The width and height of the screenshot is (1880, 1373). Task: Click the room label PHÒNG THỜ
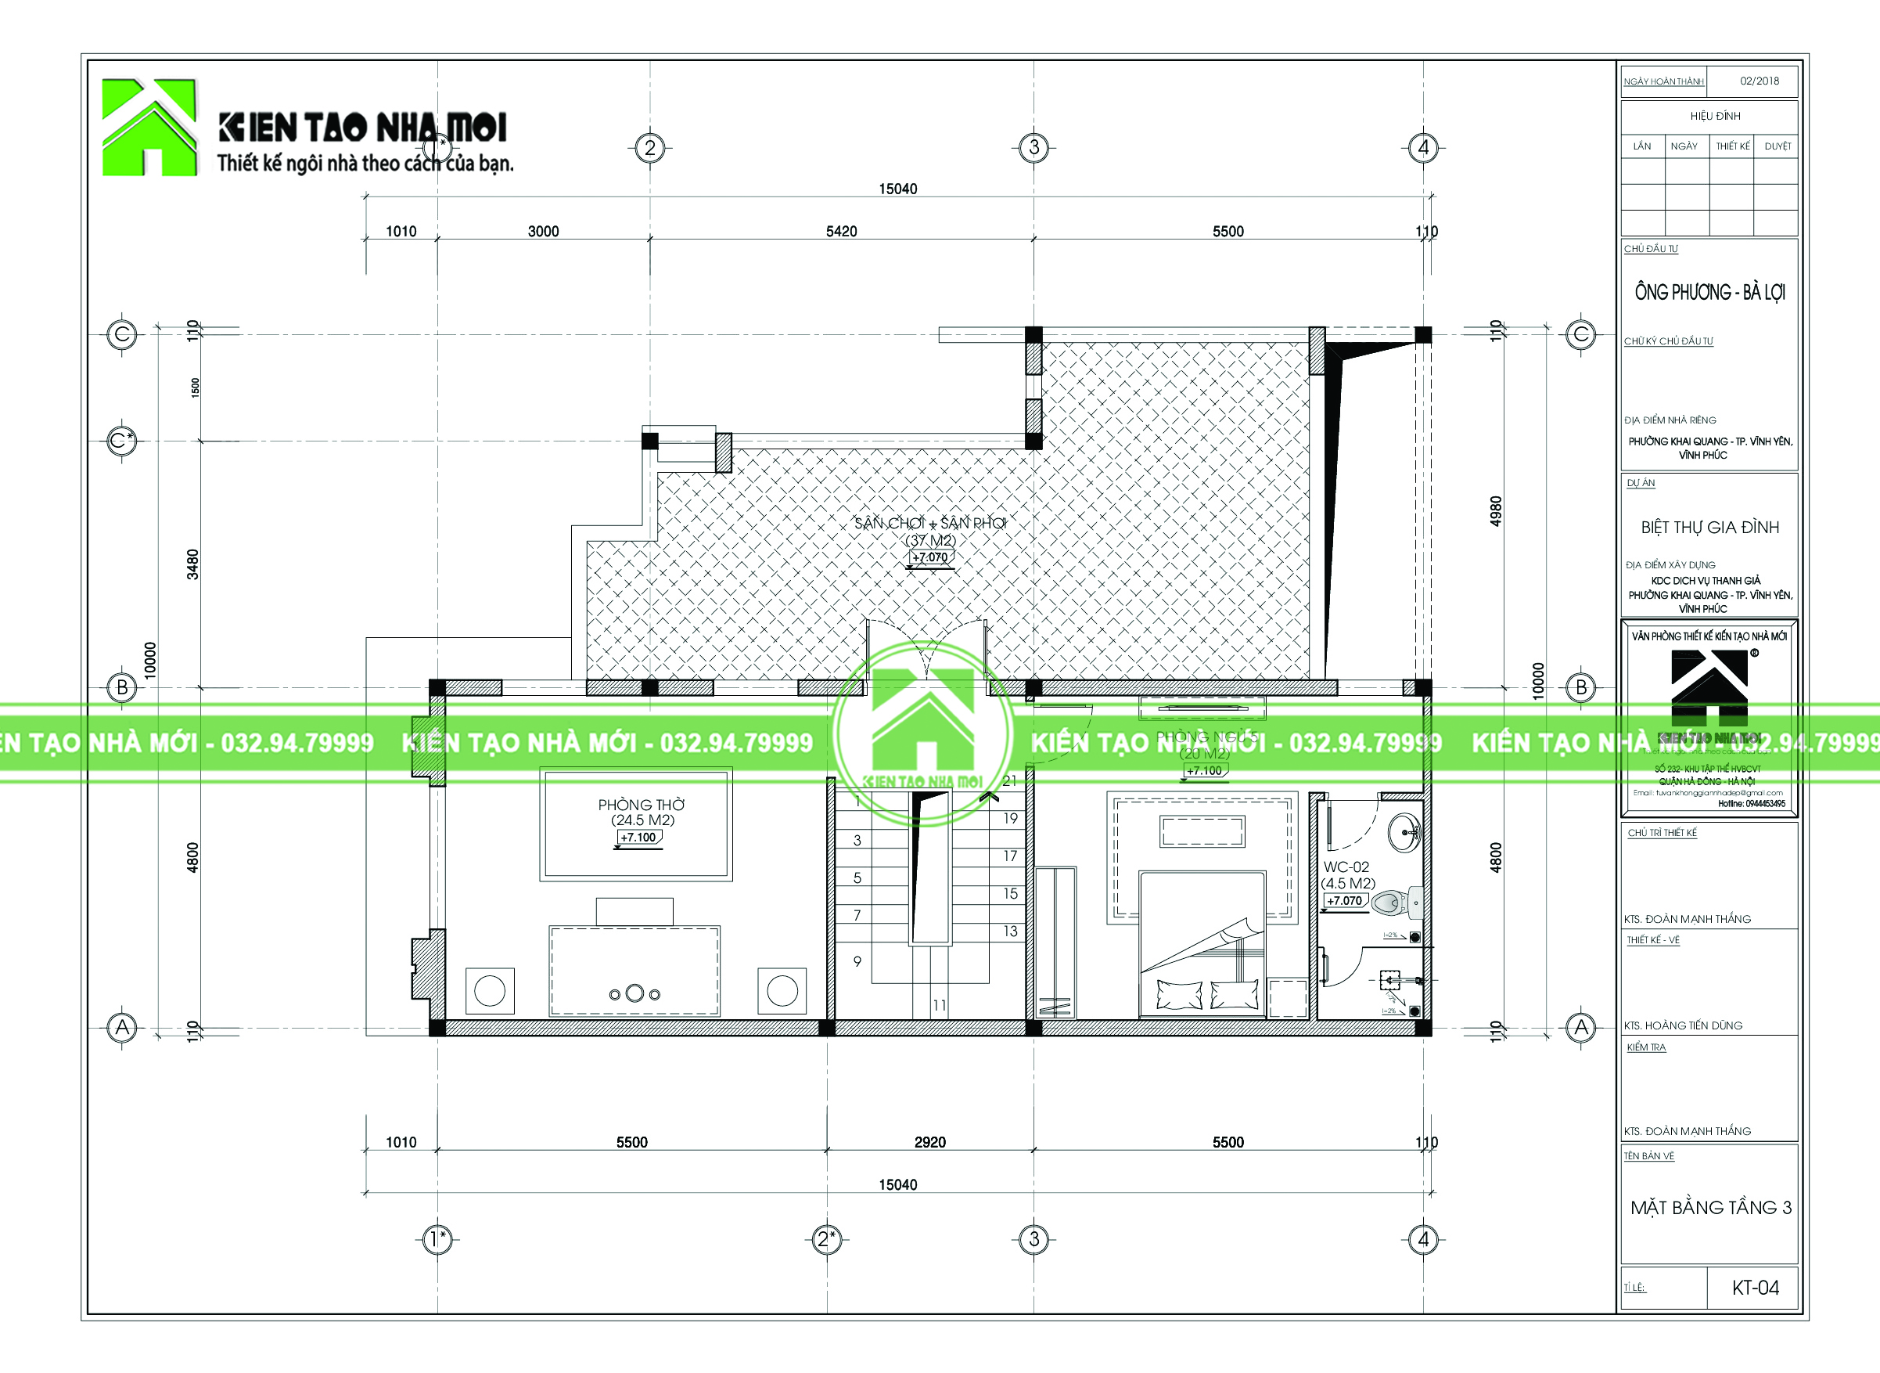[641, 805]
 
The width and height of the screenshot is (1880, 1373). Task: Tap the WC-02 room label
[1346, 867]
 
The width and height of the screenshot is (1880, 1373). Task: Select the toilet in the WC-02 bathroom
[1395, 903]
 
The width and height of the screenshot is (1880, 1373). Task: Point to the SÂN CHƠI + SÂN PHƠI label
[929, 523]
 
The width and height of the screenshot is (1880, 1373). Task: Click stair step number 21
[1009, 780]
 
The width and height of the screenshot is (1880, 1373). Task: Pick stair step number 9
[857, 960]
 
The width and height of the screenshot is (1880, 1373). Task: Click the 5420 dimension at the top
[841, 231]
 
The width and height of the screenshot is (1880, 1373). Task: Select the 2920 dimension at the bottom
[929, 1142]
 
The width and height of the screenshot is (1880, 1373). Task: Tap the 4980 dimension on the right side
[1495, 511]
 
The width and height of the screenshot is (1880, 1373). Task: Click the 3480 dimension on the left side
[192, 564]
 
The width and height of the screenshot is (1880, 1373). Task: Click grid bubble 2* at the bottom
[825, 1239]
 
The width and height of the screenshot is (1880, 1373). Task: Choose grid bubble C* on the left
[122, 441]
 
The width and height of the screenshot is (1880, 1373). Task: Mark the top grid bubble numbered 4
[1423, 148]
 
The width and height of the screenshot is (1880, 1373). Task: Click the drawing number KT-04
[1755, 1288]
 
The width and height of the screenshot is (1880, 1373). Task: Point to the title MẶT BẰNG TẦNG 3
[1710, 1208]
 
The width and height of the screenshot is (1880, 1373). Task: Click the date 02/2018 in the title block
[1760, 81]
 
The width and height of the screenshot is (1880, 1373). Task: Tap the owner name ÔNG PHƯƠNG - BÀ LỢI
[1709, 293]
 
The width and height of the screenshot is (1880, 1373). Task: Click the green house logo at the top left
[149, 127]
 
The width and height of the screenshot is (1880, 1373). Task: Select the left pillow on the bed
[1179, 994]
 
